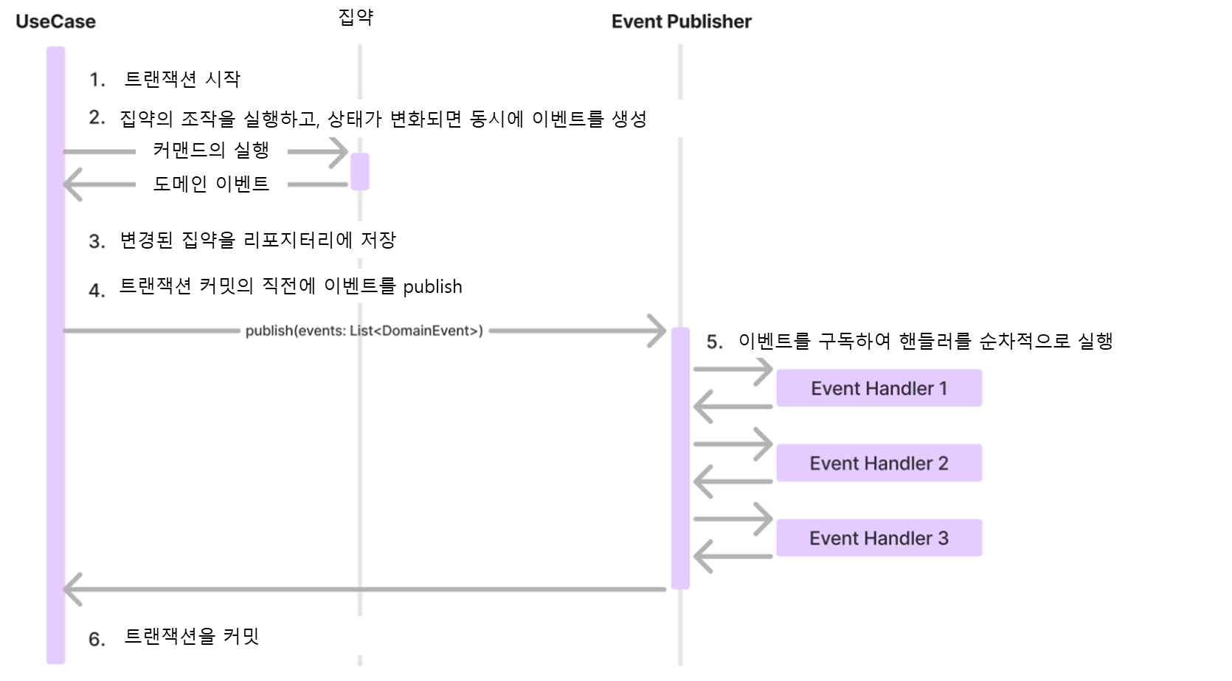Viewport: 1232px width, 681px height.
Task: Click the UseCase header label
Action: point(55,21)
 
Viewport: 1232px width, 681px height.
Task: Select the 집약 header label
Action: point(356,17)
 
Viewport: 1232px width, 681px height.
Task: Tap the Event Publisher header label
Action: point(681,21)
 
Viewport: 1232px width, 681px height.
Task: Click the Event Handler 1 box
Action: point(879,388)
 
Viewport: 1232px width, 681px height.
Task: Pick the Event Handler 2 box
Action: point(879,463)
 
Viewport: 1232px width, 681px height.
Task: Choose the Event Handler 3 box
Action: point(879,538)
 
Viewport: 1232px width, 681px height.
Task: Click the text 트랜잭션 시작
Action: point(182,79)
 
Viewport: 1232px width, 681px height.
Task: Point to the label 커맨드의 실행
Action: point(211,151)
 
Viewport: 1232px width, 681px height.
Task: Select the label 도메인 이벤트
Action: point(211,184)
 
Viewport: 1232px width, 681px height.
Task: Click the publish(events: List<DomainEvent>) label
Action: point(364,331)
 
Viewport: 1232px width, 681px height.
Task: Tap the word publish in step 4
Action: point(432,287)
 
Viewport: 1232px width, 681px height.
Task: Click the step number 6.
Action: point(97,639)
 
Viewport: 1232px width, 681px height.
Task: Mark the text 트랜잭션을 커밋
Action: point(192,636)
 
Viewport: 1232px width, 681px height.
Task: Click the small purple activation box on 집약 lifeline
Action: point(360,171)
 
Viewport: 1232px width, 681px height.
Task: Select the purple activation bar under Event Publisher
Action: point(680,457)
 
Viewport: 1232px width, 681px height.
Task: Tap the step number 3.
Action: point(97,241)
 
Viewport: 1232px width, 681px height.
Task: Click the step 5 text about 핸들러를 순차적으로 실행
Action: point(925,341)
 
